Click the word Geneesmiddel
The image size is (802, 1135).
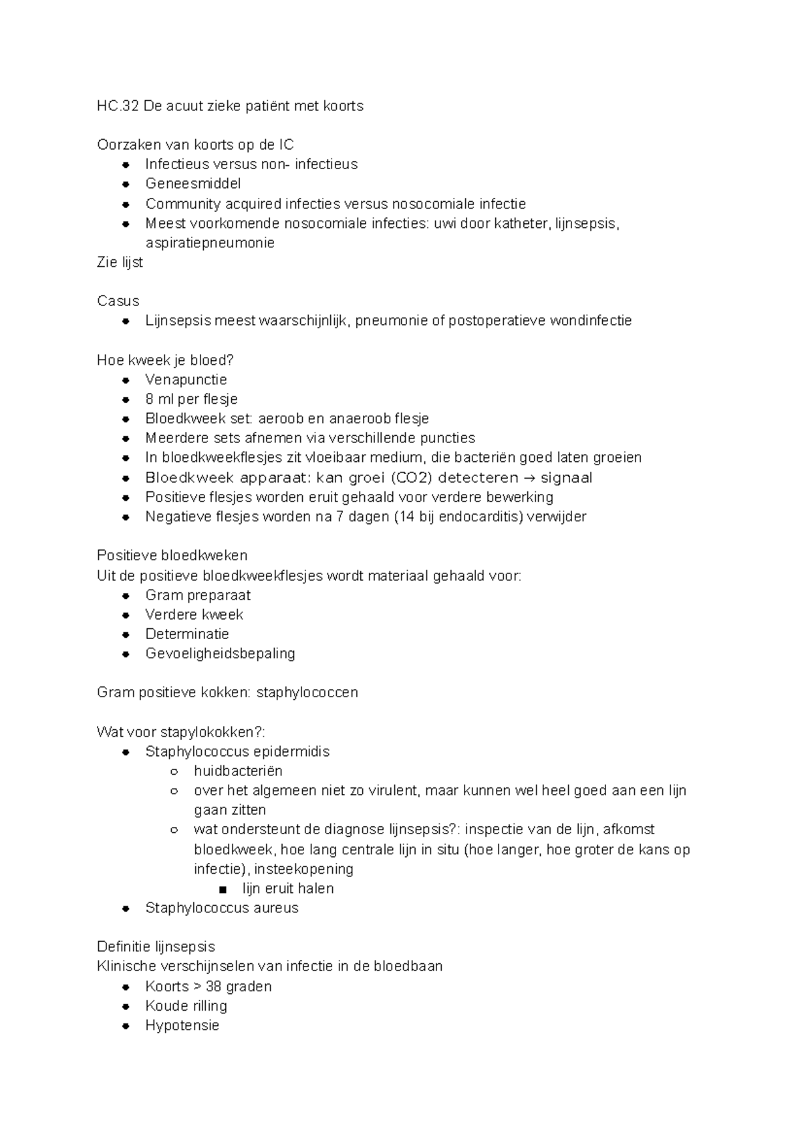click(193, 184)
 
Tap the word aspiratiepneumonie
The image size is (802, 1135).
click(210, 243)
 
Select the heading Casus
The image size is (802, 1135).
click(118, 301)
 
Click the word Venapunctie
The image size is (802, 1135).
click(186, 380)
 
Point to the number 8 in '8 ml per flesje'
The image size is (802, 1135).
click(149, 400)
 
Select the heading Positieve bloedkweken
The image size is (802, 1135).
click(172, 555)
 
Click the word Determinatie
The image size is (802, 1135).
click(187, 634)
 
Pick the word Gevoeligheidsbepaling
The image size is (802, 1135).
click(220, 654)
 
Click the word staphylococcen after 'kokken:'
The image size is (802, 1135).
click(307, 692)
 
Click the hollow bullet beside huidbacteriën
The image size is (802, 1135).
click(174, 771)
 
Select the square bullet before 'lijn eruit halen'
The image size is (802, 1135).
click(223, 889)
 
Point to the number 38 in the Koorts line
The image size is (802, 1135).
click(214, 987)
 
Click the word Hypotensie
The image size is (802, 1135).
click(182, 1025)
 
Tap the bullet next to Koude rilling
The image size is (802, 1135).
click(126, 1006)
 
